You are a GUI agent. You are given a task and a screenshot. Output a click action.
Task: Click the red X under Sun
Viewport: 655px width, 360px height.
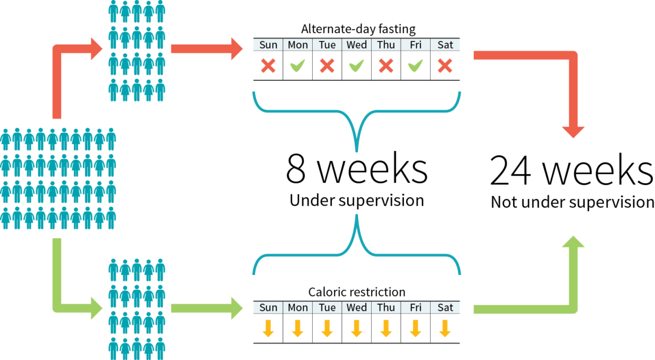coord(267,66)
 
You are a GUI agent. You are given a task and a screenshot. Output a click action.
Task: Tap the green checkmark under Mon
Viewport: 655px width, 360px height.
coord(297,66)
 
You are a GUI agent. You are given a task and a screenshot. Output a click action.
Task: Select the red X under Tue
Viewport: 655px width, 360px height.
coord(327,66)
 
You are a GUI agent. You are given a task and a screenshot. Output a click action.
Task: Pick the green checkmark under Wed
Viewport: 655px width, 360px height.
coord(356,66)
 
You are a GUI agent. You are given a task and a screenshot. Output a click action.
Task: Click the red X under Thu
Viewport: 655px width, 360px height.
coord(386,66)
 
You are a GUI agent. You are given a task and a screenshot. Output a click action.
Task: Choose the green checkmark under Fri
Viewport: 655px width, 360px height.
coord(415,66)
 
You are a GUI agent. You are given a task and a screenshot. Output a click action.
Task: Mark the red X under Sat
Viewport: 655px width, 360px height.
coord(445,66)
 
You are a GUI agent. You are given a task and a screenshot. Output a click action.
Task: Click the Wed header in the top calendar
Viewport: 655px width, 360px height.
coord(356,45)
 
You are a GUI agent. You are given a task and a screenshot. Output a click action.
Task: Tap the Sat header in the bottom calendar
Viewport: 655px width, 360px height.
coord(445,308)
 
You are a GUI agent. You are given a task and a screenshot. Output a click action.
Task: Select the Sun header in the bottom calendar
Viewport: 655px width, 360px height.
coord(267,308)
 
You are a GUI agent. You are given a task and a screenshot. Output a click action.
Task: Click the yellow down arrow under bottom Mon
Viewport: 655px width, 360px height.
coord(297,328)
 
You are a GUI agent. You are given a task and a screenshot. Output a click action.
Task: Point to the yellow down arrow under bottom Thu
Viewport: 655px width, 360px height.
coord(386,328)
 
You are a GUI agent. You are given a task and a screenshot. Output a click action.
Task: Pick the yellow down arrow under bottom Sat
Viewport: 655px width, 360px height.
coord(445,328)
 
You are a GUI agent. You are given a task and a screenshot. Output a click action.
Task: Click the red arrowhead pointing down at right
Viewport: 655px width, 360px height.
coord(574,131)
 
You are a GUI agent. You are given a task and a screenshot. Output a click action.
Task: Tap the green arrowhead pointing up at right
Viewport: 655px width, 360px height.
coord(574,242)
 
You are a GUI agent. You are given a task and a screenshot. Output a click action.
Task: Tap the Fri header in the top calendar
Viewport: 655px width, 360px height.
coord(415,45)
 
